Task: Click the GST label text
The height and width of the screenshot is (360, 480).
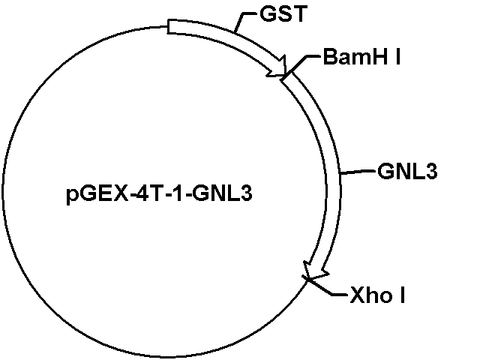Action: point(283,13)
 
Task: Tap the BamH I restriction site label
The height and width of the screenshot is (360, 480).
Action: point(361,57)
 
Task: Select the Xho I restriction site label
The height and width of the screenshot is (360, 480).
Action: point(377,295)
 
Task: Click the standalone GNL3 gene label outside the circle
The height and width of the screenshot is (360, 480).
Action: point(407,171)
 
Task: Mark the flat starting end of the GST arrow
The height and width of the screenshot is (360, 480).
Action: point(168,27)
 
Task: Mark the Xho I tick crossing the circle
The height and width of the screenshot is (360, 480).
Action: point(307,279)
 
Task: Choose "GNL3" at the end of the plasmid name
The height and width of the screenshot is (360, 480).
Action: point(223,193)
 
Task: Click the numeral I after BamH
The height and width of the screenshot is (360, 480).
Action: point(398,57)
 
